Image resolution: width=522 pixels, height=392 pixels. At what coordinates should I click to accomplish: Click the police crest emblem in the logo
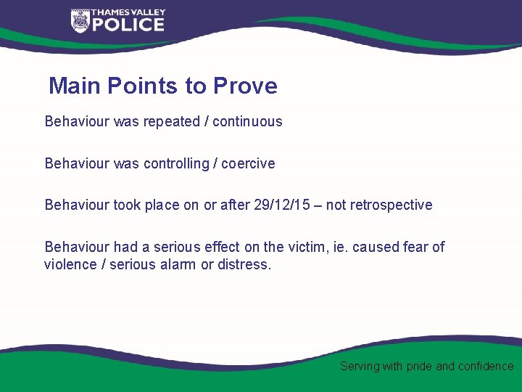(x=80, y=21)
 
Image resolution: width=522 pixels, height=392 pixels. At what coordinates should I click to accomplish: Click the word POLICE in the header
(x=128, y=25)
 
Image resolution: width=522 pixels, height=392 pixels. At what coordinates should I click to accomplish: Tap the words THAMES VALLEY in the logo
(x=128, y=12)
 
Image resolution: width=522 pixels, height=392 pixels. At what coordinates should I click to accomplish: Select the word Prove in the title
(x=245, y=86)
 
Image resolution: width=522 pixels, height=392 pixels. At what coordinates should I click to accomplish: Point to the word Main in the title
(x=75, y=86)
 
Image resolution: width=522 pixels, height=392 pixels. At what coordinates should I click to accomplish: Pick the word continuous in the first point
(x=247, y=121)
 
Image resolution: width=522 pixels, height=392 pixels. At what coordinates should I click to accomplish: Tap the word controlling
(x=176, y=163)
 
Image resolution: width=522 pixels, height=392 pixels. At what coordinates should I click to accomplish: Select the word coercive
(x=248, y=163)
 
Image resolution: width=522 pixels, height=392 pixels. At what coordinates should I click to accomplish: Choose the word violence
(x=72, y=264)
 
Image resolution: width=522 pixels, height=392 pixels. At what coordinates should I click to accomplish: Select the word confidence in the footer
(x=485, y=367)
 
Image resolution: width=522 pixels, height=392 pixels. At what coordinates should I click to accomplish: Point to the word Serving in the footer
(x=360, y=367)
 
